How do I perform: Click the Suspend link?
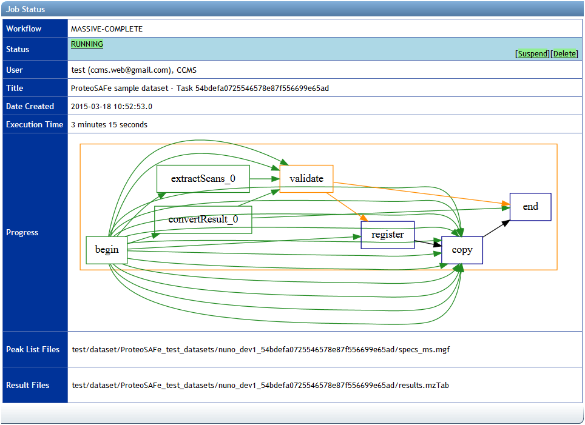[533, 54]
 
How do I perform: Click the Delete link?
[565, 54]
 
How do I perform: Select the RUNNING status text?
[87, 44]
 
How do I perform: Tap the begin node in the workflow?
[107, 250]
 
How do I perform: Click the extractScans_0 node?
[203, 179]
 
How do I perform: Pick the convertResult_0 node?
[203, 219]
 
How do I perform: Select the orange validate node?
[306, 179]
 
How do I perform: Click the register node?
[388, 235]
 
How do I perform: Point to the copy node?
[462, 250]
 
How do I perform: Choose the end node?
[530, 207]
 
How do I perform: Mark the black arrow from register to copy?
[428, 242]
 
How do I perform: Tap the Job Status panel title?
[25, 10]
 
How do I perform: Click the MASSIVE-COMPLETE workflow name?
[107, 28]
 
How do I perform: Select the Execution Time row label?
[35, 124]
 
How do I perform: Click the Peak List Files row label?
[33, 349]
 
